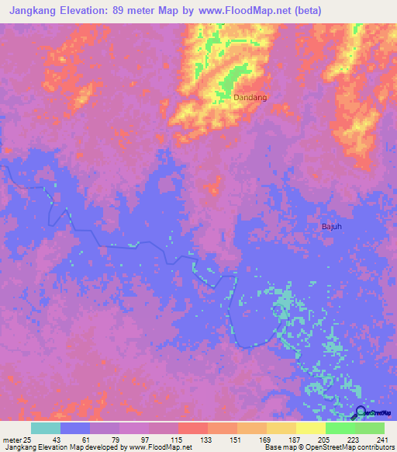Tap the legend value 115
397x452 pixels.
click(178, 440)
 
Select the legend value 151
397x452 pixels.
click(236, 440)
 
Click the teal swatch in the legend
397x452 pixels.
click(46, 428)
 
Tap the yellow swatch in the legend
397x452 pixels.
click(310, 428)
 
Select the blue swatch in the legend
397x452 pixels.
click(75, 428)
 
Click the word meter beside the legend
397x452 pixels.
click(12, 440)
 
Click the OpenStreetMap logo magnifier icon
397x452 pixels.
click(361, 412)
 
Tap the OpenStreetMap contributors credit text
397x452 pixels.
click(350, 447)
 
